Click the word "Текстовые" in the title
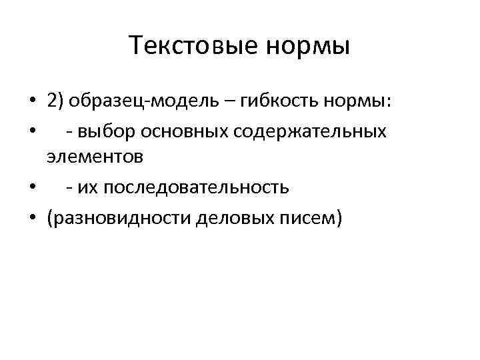click(187, 47)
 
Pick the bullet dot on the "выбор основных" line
click(32, 131)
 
